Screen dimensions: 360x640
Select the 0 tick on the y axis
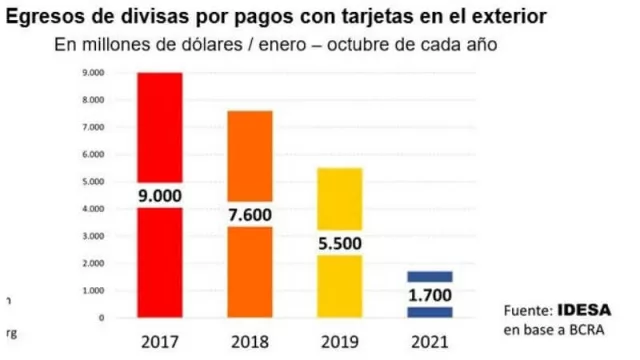tap(102, 318)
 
